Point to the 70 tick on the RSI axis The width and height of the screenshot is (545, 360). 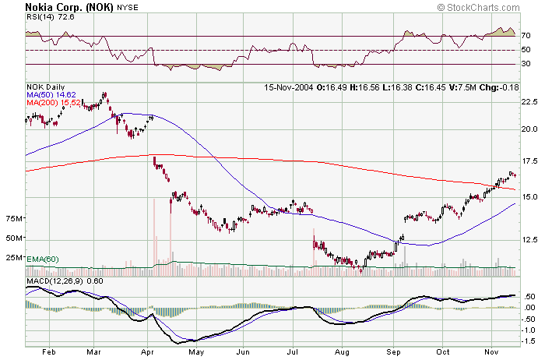coord(526,36)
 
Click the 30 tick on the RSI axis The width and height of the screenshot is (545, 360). coord(526,64)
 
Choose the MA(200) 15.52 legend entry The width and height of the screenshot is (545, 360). coord(52,103)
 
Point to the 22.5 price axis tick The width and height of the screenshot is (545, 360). coord(530,101)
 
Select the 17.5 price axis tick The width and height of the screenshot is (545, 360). coord(530,161)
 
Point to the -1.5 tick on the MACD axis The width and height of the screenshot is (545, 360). coord(529,341)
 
